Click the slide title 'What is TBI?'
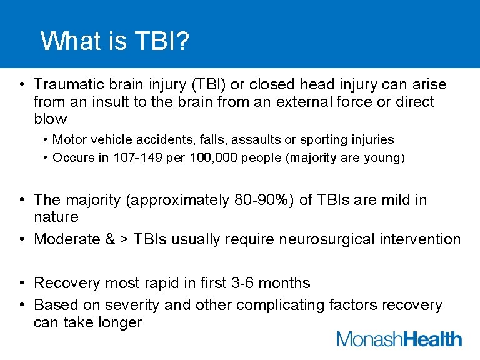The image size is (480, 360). [x=115, y=42]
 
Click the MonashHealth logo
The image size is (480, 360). [x=399, y=339]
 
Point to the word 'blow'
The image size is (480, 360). [x=50, y=119]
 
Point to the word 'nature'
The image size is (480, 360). [x=56, y=217]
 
